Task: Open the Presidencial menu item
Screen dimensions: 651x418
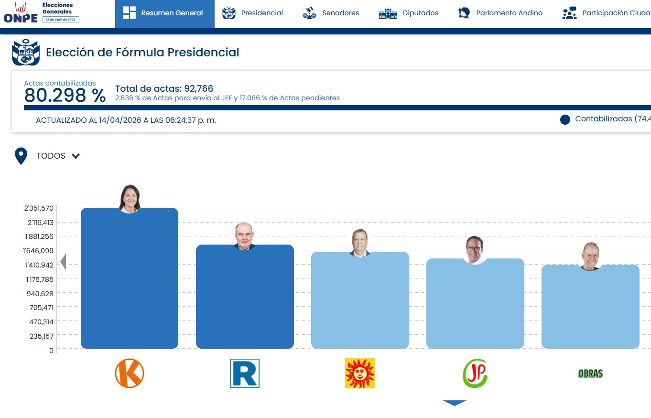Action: pyautogui.click(x=252, y=13)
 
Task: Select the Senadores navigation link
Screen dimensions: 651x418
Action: pyautogui.click(x=330, y=13)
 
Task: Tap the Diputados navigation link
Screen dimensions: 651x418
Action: pyautogui.click(x=408, y=13)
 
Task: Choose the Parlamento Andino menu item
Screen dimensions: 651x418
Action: pyautogui.click(x=500, y=13)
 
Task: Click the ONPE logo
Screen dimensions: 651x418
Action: pyautogui.click(x=21, y=13)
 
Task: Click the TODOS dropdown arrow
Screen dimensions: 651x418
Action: pyautogui.click(x=76, y=156)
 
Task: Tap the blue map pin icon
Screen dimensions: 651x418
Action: pyautogui.click(x=21, y=156)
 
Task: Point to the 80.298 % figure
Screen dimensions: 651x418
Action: pyautogui.click(x=65, y=95)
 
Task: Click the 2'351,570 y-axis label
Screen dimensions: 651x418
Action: pyautogui.click(x=39, y=208)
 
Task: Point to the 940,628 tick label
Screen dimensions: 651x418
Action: pyautogui.click(x=40, y=294)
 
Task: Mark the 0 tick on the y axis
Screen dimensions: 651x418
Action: pyautogui.click(x=51, y=351)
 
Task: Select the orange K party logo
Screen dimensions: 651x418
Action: pyautogui.click(x=130, y=373)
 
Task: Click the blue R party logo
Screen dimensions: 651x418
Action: pyautogui.click(x=245, y=373)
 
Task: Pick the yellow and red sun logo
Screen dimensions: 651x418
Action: pyautogui.click(x=360, y=373)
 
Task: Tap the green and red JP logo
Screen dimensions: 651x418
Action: pyautogui.click(x=475, y=373)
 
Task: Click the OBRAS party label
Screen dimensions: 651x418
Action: pyautogui.click(x=590, y=374)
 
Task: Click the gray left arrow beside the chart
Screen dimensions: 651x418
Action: pyautogui.click(x=63, y=262)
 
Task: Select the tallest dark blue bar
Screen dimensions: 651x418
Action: pyautogui.click(x=130, y=279)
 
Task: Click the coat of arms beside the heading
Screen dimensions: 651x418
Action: pyautogui.click(x=26, y=52)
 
